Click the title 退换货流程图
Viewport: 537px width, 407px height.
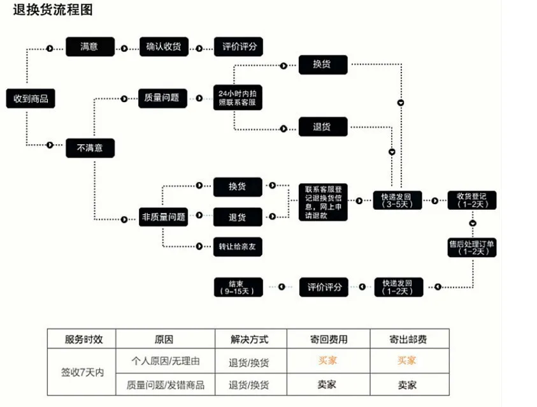(x=53, y=10)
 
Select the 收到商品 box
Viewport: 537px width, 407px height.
(x=31, y=98)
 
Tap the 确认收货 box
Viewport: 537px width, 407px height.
(x=164, y=47)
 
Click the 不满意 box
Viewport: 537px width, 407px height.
(x=90, y=148)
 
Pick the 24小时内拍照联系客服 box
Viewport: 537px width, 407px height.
(x=238, y=98)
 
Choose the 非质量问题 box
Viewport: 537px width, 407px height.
(x=163, y=217)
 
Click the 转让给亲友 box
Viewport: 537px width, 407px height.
(x=238, y=246)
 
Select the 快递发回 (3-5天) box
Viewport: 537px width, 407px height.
(x=397, y=200)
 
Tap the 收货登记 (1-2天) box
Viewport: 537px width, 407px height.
(x=472, y=200)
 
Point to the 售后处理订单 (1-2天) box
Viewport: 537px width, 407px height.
(x=472, y=248)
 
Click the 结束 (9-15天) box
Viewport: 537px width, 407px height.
(x=238, y=287)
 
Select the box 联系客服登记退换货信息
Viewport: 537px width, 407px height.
(x=323, y=202)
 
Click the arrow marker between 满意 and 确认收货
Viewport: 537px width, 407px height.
(x=124, y=48)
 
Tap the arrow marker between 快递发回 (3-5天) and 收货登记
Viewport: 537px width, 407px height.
(x=434, y=200)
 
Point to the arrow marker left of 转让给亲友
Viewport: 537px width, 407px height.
(x=199, y=246)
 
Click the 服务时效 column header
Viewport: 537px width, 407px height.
(x=83, y=339)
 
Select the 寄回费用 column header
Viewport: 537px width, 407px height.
(x=329, y=339)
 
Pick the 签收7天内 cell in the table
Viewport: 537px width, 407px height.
(x=82, y=372)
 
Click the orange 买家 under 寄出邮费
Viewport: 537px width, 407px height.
(x=406, y=360)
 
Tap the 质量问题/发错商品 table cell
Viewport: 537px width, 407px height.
(x=166, y=385)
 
